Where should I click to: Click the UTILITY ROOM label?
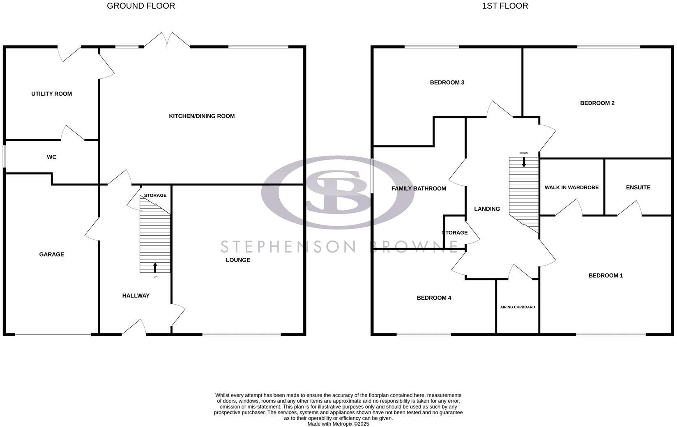click(x=51, y=94)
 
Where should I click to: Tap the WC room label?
click(x=51, y=157)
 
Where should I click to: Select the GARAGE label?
click(x=51, y=254)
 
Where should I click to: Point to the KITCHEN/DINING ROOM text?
click(x=202, y=116)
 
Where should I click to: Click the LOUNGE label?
click(x=238, y=259)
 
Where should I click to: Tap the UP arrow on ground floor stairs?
click(x=155, y=267)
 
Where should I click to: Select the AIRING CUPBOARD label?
click(x=517, y=307)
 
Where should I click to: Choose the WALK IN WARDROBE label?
click(x=571, y=187)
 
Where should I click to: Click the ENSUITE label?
click(x=638, y=187)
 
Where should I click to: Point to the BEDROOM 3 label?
click(x=447, y=82)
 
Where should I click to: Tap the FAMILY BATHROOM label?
click(x=419, y=188)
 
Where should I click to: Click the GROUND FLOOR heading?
click(x=141, y=6)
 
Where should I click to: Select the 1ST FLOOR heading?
click(x=505, y=6)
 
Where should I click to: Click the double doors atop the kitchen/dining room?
click(x=167, y=40)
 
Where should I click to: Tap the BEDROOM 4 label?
click(x=434, y=298)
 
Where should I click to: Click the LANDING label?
click(x=487, y=209)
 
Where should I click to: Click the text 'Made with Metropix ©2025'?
click(x=338, y=424)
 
